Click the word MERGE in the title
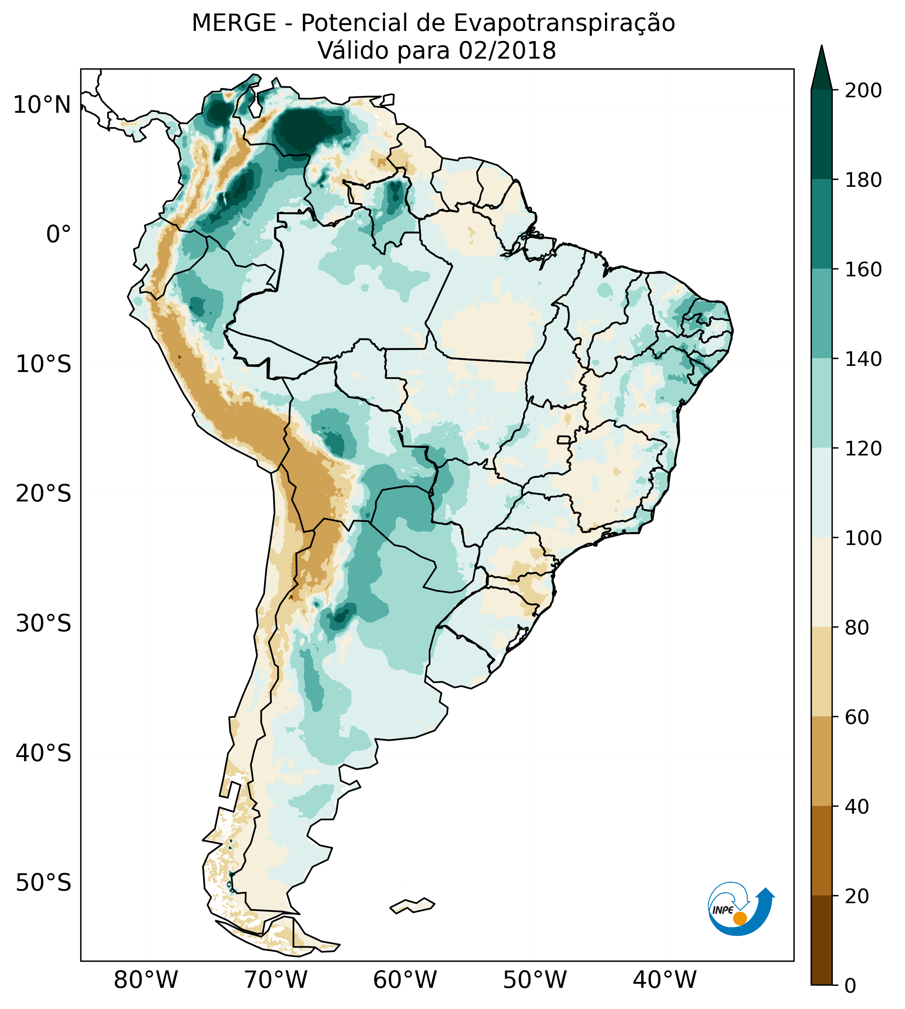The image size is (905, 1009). coord(234,23)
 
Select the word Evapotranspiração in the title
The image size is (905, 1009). coord(564,23)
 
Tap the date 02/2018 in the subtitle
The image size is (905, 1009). coord(507,51)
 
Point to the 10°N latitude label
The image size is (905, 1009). coord(42,105)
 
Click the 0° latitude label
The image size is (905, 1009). coord(58,234)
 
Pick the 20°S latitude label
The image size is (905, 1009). coord(44,495)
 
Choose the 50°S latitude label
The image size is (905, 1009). coord(44,883)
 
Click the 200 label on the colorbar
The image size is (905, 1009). coord(863,91)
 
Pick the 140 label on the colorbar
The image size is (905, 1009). coord(863,359)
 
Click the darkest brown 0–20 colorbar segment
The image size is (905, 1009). coord(822,940)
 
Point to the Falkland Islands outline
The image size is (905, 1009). coord(413,906)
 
